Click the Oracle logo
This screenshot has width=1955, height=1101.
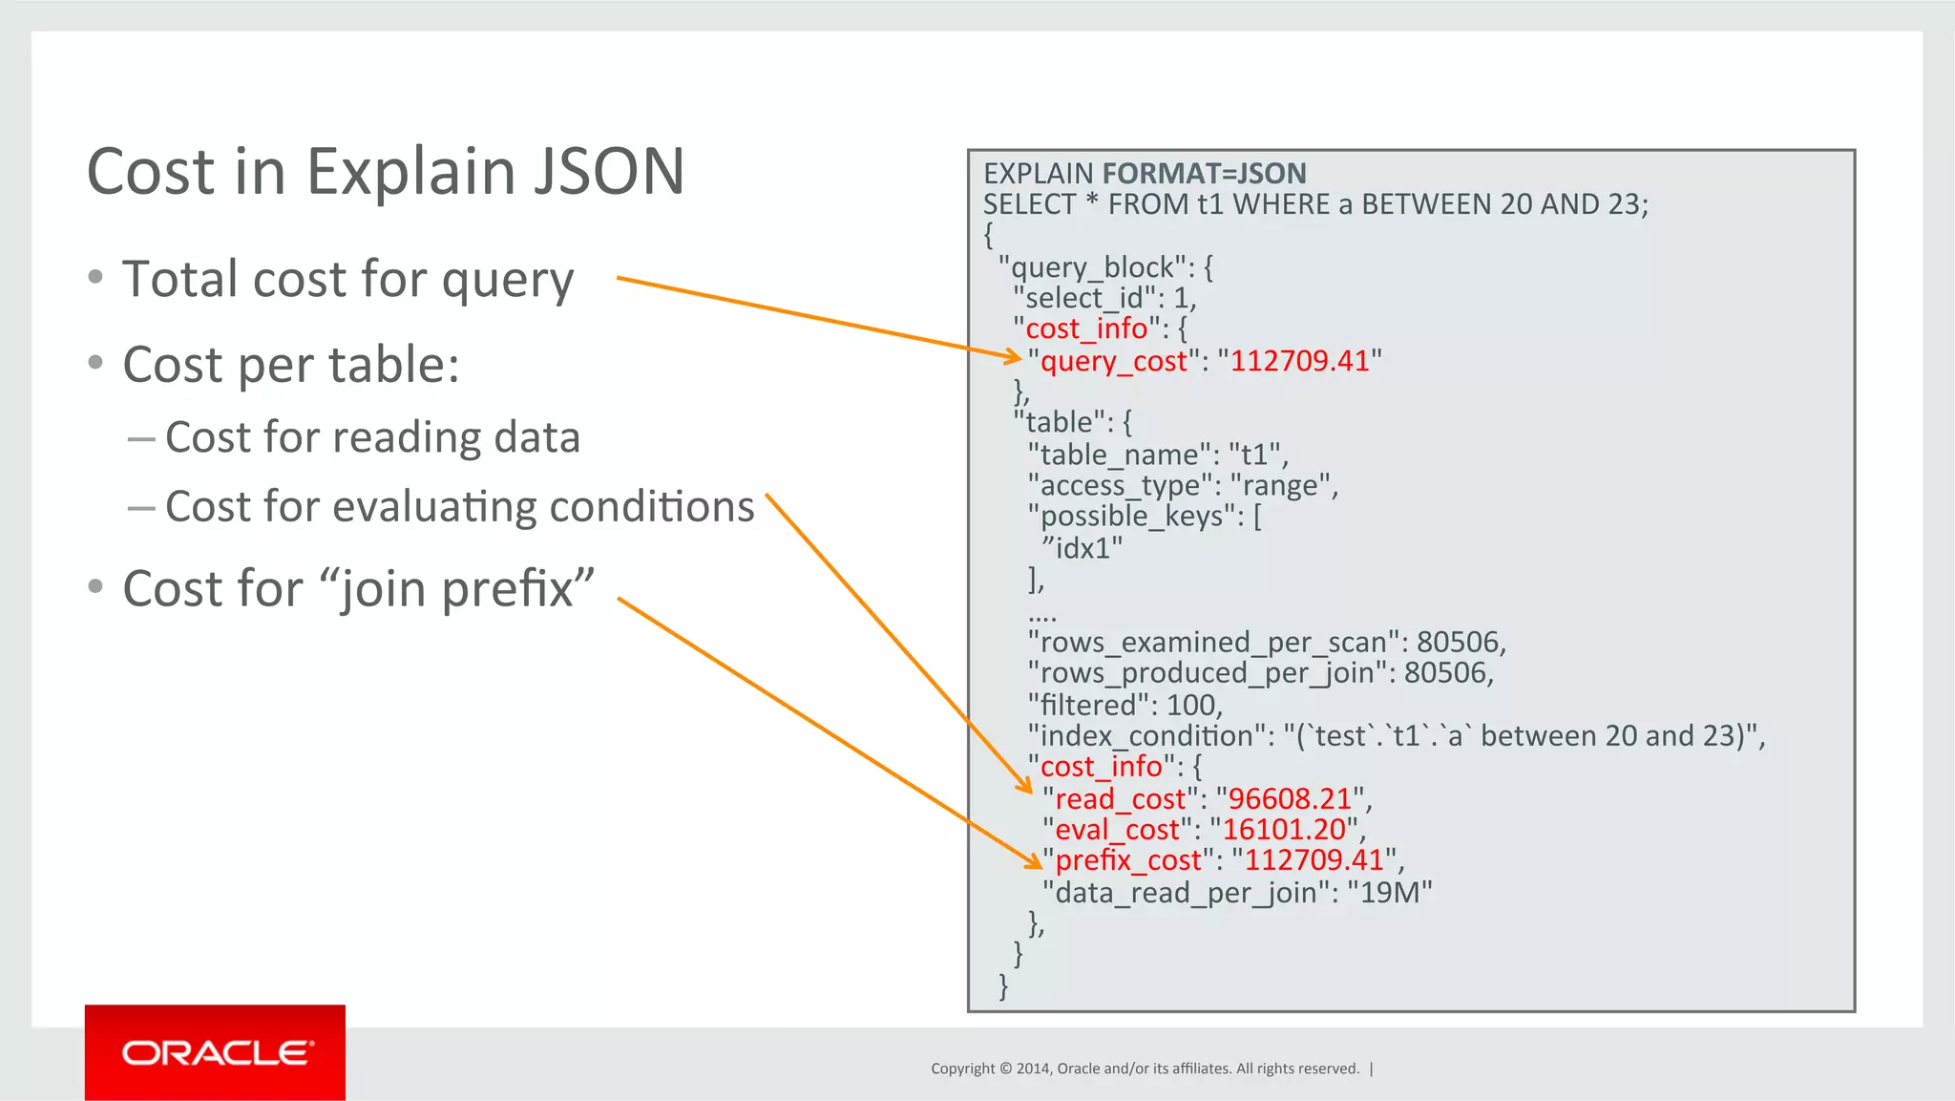(215, 1052)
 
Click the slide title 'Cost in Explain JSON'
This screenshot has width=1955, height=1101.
(386, 172)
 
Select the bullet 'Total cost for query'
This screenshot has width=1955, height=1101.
(347, 280)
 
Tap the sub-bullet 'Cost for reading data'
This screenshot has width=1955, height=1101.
(372, 437)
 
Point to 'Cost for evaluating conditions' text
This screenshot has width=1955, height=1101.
(459, 507)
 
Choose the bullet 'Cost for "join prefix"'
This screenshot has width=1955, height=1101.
(358, 588)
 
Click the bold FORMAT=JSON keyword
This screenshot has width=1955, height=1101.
(1204, 174)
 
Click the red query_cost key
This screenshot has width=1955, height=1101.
(1114, 361)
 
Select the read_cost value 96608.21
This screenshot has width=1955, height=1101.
(1290, 798)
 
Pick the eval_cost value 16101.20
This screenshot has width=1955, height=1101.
(1284, 830)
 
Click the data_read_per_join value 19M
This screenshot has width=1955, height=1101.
(1390, 893)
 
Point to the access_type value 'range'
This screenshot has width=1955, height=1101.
(1279, 486)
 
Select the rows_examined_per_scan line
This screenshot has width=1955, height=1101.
(1267, 642)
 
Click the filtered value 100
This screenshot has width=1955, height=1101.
(1191, 705)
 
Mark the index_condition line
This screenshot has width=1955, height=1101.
(1396, 735)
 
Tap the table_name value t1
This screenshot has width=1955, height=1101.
(1256, 455)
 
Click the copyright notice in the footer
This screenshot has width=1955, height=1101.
(1145, 1069)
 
